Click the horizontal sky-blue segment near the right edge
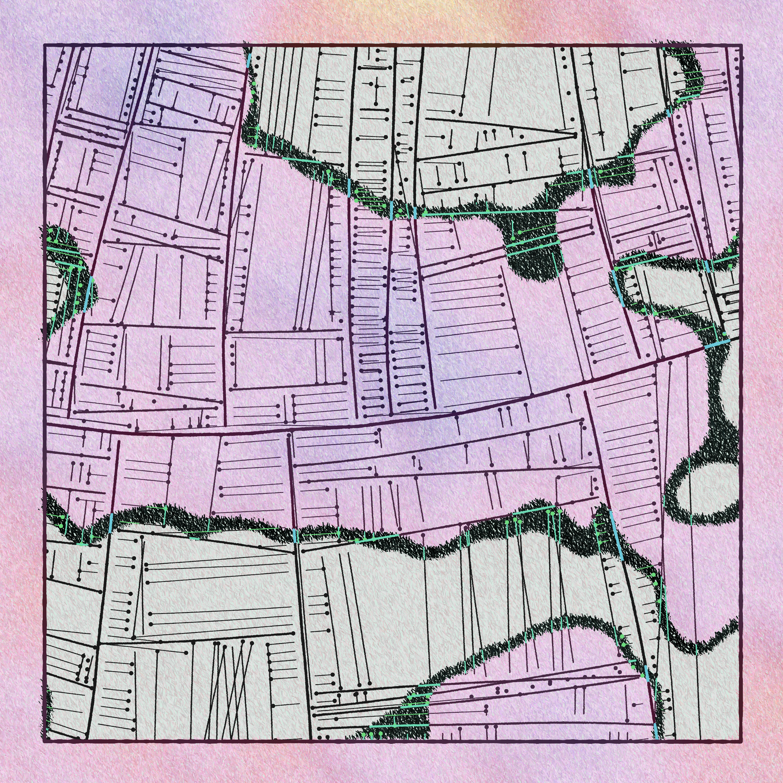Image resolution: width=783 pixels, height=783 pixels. (x=716, y=344)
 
